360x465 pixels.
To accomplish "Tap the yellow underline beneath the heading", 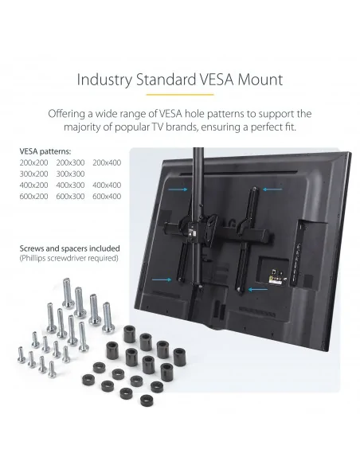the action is coord(180,95).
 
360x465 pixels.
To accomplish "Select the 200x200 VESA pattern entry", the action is coord(33,162).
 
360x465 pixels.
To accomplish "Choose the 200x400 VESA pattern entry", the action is coord(107,162).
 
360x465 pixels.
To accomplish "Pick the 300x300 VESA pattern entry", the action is coord(70,174).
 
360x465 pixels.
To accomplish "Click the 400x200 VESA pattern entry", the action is coord(33,185).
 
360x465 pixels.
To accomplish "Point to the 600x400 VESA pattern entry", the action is coord(107,197).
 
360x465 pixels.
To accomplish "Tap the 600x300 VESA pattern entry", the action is coord(70,197).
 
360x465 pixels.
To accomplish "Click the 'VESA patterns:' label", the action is coord(45,151).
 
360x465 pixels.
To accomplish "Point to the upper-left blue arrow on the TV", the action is coord(178,190).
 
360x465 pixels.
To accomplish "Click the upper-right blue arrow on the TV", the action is coord(272,190).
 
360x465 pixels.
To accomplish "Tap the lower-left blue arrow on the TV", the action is coord(162,279).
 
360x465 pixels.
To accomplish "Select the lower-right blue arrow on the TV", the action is coord(258,289).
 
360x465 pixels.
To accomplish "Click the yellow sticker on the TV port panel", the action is coord(271,279).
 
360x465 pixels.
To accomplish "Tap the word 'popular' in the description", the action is coord(132,127).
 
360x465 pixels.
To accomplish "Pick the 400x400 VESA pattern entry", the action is coord(107,185).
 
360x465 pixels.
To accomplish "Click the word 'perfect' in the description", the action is coord(264,127).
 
